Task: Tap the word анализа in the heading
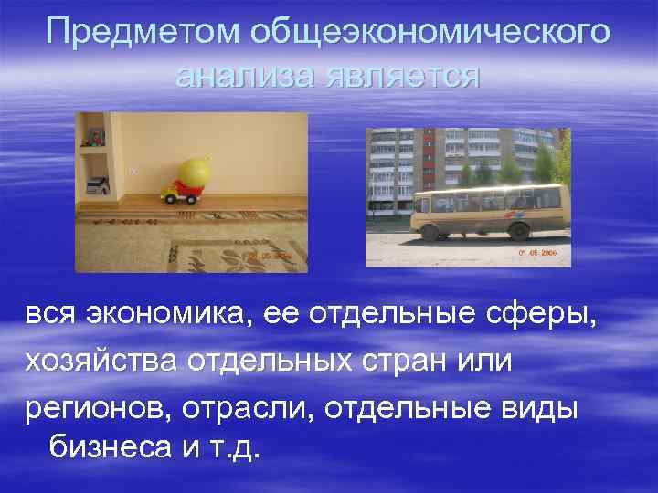[244, 76]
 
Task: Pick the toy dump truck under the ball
[179, 193]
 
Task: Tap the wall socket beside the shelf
[133, 170]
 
